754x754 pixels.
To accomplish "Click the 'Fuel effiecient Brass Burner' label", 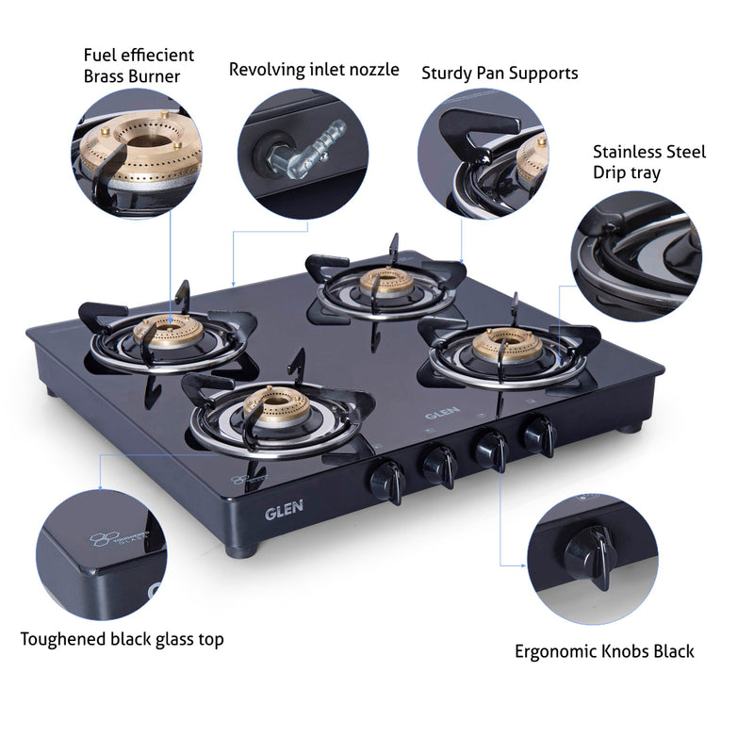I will coord(139,66).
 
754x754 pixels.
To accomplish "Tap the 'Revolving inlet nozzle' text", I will coord(314,70).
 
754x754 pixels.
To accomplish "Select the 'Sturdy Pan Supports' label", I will coord(500,73).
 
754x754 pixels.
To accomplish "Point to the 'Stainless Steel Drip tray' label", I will coord(648,161).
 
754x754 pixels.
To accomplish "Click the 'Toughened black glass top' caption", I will coord(123,639).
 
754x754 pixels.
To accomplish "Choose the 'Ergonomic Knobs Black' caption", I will coord(604,650).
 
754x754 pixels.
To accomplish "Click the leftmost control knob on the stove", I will coord(388,480).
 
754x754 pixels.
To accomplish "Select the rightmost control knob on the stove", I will coord(539,434).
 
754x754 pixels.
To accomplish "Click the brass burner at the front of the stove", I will coord(272,406).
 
